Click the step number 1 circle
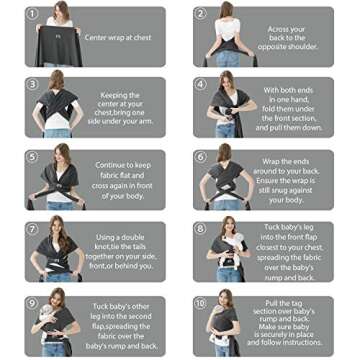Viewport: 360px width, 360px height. click(x=32, y=15)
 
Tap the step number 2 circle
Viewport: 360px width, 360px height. click(x=201, y=15)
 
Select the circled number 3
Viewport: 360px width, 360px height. click(x=32, y=85)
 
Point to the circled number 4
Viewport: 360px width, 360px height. click(x=201, y=85)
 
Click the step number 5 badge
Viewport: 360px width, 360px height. click(x=32, y=157)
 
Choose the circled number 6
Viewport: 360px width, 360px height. click(x=201, y=157)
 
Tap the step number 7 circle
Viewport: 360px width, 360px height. click(x=32, y=228)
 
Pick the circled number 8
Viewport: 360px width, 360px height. click(x=201, y=228)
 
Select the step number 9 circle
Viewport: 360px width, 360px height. click(x=32, y=300)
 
